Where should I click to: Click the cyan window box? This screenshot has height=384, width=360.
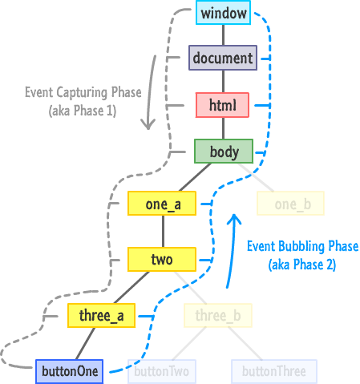pyautogui.click(x=223, y=13)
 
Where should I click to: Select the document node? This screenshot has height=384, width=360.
pyautogui.click(x=223, y=58)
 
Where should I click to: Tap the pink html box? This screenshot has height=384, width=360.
pyautogui.click(x=222, y=105)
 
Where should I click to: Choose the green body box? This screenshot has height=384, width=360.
pyautogui.click(x=224, y=151)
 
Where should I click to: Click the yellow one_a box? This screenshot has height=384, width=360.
pyautogui.click(x=162, y=204)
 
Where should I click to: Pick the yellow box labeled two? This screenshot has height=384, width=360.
pyautogui.click(x=162, y=259)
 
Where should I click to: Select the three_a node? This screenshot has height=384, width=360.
pyautogui.click(x=101, y=315)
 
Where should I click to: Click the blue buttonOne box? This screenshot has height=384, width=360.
pyautogui.click(x=70, y=371)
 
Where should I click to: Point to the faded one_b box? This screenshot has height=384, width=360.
pyautogui.click(x=291, y=204)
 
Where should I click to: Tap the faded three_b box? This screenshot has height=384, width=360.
pyautogui.click(x=218, y=315)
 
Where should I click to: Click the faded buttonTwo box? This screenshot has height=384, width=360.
pyautogui.click(x=162, y=371)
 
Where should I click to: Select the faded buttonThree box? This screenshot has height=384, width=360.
pyautogui.click(x=274, y=371)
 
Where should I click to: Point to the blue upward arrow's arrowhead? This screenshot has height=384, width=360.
pyautogui.click(x=234, y=219)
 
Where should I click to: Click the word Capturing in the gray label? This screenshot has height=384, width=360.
pyautogui.click(x=83, y=93)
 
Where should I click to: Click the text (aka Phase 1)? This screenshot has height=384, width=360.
pyautogui.click(x=83, y=111)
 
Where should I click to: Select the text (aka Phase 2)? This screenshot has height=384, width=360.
pyautogui.click(x=302, y=265)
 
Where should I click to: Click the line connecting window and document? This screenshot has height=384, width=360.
pyautogui.click(x=224, y=35)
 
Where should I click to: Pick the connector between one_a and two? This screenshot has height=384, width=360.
pyautogui.click(x=163, y=232)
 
